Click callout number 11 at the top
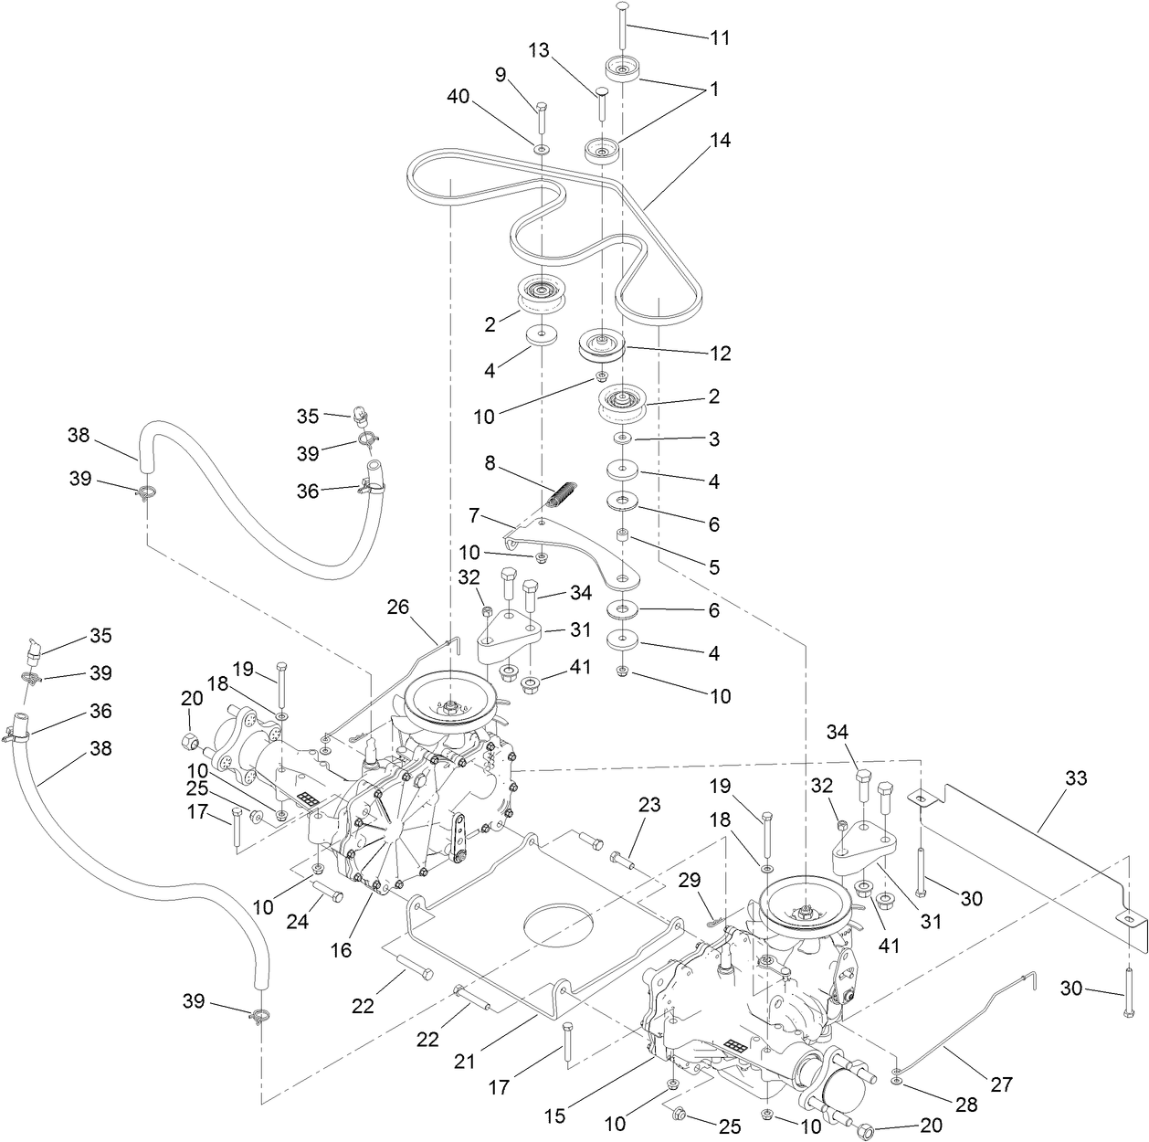pos(721,38)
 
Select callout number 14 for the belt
pos(720,142)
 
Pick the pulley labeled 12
pos(602,348)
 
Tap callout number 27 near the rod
pos(1002,1085)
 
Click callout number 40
pos(459,98)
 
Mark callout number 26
pos(398,607)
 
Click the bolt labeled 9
pos(541,117)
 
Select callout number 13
pos(539,51)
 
